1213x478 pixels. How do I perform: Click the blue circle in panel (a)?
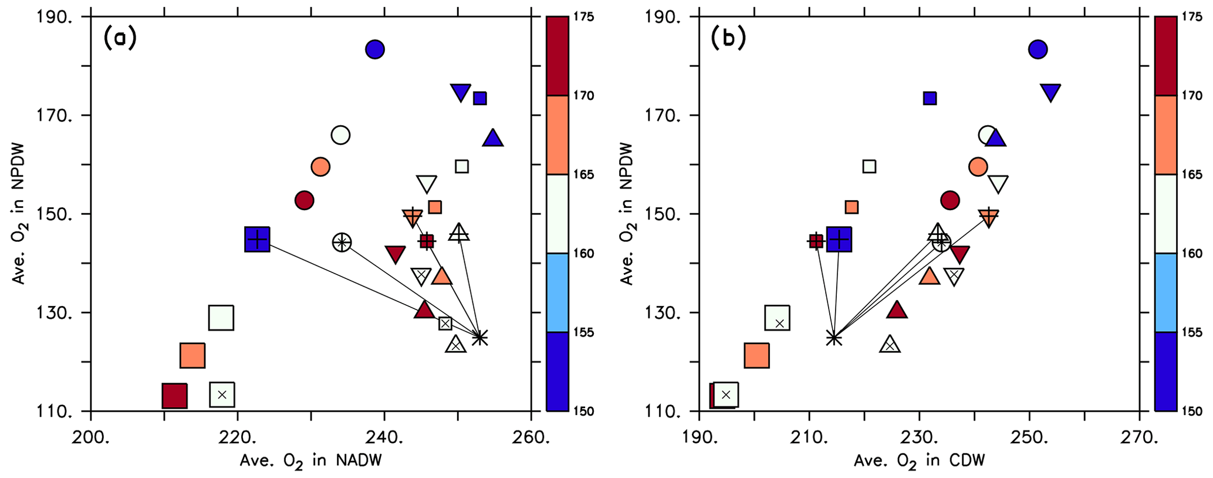tap(374, 49)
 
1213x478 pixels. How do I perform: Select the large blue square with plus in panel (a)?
tap(257, 240)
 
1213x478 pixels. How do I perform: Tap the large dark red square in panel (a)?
tap(174, 396)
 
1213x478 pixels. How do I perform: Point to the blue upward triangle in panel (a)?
tap(493, 138)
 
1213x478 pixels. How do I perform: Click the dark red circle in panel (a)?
tap(304, 200)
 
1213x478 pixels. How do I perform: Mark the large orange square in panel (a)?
tap(192, 355)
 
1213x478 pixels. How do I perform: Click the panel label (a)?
tap(120, 39)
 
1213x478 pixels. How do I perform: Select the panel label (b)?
tap(728, 39)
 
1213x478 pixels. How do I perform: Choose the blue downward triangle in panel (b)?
tap(1050, 92)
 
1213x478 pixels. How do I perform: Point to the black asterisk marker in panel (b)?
tap(834, 338)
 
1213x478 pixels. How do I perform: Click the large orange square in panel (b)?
tap(756, 355)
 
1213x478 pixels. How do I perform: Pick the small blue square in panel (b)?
tap(930, 98)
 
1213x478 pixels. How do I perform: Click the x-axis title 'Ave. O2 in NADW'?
tap(310, 461)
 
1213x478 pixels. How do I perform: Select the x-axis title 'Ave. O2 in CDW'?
tap(919, 461)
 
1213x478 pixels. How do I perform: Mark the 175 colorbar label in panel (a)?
tap(584, 16)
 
